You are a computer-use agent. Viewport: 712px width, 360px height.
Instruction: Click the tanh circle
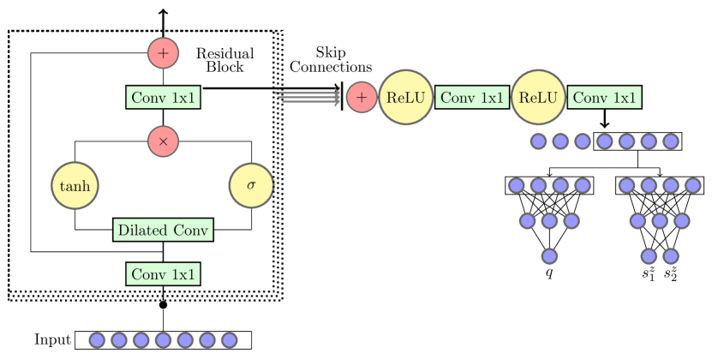pyautogui.click(x=75, y=185)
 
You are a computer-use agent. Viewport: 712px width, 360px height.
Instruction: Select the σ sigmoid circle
pyautogui.click(x=251, y=185)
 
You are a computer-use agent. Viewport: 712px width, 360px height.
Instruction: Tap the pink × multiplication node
pyautogui.click(x=163, y=141)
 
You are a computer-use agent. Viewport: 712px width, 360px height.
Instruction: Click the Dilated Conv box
pyautogui.click(x=163, y=230)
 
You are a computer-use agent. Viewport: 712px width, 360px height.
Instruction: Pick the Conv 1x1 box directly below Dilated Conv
pyautogui.click(x=163, y=274)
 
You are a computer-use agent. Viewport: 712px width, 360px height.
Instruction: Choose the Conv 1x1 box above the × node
pyautogui.click(x=163, y=98)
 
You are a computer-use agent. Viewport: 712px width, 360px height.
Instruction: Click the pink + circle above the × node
pyautogui.click(x=163, y=53)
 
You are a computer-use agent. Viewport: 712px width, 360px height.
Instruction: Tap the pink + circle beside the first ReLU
pyautogui.click(x=362, y=98)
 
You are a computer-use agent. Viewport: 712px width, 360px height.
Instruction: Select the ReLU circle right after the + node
pyautogui.click(x=405, y=98)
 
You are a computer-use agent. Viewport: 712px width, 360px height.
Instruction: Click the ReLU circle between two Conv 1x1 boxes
pyautogui.click(x=538, y=98)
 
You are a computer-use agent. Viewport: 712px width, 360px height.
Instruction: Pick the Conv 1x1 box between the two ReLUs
pyautogui.click(x=472, y=98)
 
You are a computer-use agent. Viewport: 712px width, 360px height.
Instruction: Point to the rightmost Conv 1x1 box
pyautogui.click(x=604, y=98)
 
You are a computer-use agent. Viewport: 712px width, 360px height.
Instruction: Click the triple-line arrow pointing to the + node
pyautogui.click(x=308, y=97)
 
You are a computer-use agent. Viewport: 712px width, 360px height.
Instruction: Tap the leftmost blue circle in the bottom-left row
pyautogui.click(x=97, y=340)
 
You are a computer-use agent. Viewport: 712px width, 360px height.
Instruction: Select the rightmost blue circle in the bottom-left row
pyautogui.click(x=229, y=340)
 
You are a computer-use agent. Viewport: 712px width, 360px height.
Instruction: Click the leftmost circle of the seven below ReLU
pyautogui.click(x=538, y=141)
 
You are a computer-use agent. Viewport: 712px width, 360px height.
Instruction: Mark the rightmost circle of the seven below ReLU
pyautogui.click(x=670, y=141)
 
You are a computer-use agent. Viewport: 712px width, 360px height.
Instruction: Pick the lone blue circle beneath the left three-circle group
pyautogui.click(x=549, y=255)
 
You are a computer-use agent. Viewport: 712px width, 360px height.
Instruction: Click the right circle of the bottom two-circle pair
pyautogui.click(x=670, y=255)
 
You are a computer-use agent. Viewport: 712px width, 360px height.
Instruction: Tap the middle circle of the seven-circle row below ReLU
pyautogui.click(x=604, y=141)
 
